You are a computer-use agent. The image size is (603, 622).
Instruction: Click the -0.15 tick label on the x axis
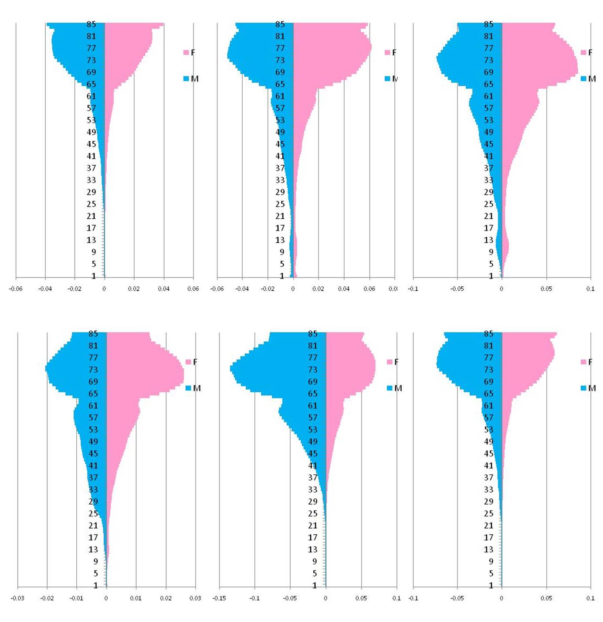tap(219, 598)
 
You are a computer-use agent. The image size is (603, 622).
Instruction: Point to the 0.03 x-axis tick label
tap(195, 598)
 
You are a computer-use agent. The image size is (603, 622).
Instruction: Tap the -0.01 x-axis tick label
tap(76, 598)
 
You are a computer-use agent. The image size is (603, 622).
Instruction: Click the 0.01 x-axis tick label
tap(136, 598)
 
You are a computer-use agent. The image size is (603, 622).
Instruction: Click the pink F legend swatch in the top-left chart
tap(186, 53)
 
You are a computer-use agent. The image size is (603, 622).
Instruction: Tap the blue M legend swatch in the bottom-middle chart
tap(390, 388)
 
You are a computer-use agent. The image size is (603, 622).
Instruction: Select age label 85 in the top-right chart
tap(488, 24)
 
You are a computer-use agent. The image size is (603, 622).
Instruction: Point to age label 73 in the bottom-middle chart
tap(312, 370)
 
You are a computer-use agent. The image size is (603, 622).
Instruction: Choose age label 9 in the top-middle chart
tap(281, 252)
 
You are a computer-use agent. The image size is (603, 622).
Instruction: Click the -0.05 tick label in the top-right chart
tap(457, 289)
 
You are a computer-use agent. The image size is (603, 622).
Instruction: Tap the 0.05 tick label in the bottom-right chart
tap(546, 598)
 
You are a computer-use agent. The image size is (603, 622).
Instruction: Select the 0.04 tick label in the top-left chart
tap(163, 289)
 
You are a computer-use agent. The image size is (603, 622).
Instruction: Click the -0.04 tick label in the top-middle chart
tap(242, 289)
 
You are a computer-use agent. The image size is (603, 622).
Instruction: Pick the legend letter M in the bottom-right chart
tap(592, 388)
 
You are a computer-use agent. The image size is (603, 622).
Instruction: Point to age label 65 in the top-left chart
tap(91, 84)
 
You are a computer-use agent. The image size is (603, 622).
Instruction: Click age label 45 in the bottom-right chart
tap(488, 454)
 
